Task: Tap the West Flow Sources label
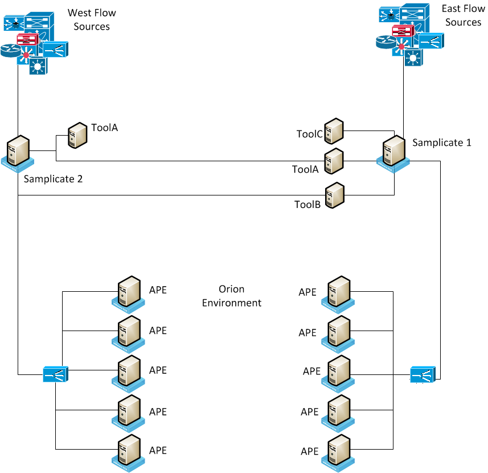88,19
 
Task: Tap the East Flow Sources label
463,15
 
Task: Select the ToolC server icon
334,131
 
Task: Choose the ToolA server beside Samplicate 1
334,161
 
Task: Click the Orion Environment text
232,296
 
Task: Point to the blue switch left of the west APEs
55,374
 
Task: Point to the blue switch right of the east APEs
423,374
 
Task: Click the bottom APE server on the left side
129,452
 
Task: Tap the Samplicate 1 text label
441,142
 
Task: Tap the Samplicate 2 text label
53,179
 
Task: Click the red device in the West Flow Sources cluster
27,39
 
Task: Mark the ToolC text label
309,134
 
